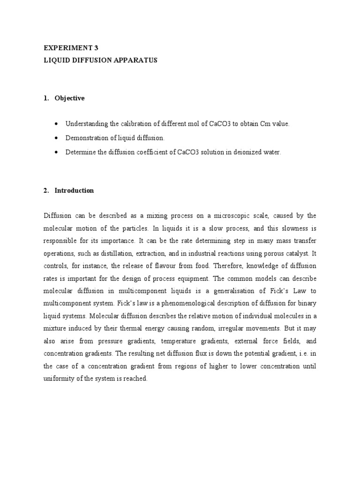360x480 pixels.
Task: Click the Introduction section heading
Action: point(74,190)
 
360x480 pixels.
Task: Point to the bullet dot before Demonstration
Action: point(57,138)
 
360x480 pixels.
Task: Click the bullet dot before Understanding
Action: point(57,124)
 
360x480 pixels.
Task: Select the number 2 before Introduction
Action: point(45,190)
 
